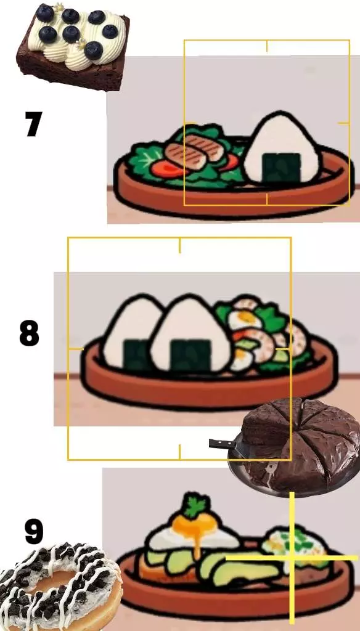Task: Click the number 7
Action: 33,124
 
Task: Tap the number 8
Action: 30,333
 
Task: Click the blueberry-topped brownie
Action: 73,46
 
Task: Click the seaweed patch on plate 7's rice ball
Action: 282,168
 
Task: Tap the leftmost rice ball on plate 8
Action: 128,333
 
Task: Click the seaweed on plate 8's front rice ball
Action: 190,354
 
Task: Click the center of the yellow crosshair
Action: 292,558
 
